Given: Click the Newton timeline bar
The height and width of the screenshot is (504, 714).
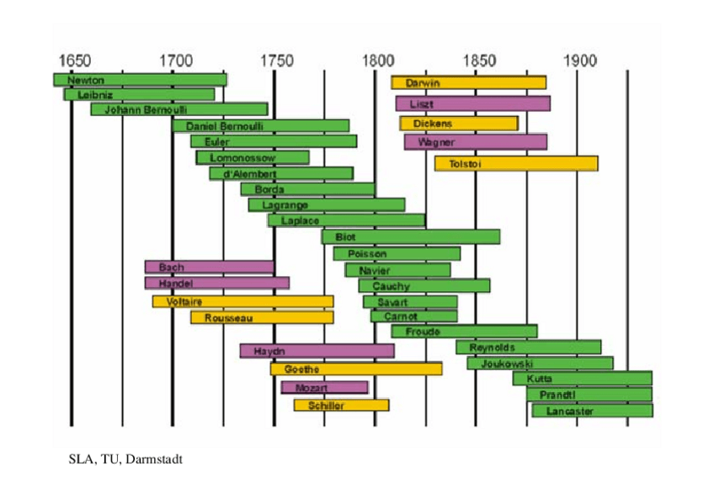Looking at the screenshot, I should click(x=140, y=80).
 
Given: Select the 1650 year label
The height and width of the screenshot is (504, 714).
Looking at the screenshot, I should click(x=74, y=61).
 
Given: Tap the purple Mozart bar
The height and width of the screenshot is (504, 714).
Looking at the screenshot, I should click(x=324, y=387).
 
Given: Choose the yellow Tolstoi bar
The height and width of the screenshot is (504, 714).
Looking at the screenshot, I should click(x=516, y=163).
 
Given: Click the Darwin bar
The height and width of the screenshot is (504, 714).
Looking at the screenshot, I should click(x=468, y=82).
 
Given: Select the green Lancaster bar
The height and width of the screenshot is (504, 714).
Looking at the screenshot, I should click(x=592, y=411).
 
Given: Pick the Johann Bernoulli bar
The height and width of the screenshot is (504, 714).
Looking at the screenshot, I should click(x=178, y=109).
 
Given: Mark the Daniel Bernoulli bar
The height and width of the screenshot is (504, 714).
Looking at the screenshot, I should click(x=260, y=125).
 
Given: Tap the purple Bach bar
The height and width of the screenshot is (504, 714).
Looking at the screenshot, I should click(x=209, y=267).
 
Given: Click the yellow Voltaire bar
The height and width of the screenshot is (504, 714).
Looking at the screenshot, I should click(x=242, y=301).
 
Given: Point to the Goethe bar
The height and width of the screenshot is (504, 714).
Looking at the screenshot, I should click(x=355, y=369).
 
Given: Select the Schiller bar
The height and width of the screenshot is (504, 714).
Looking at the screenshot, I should click(x=341, y=406).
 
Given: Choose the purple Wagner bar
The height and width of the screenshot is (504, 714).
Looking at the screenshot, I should click(x=476, y=142).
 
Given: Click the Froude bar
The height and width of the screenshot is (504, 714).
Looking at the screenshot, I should click(x=464, y=332).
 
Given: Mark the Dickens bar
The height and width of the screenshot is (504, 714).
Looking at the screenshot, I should click(x=459, y=124).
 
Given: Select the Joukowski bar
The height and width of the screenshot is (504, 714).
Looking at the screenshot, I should click(x=540, y=363).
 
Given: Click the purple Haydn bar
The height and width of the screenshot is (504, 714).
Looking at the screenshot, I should click(x=317, y=351).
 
